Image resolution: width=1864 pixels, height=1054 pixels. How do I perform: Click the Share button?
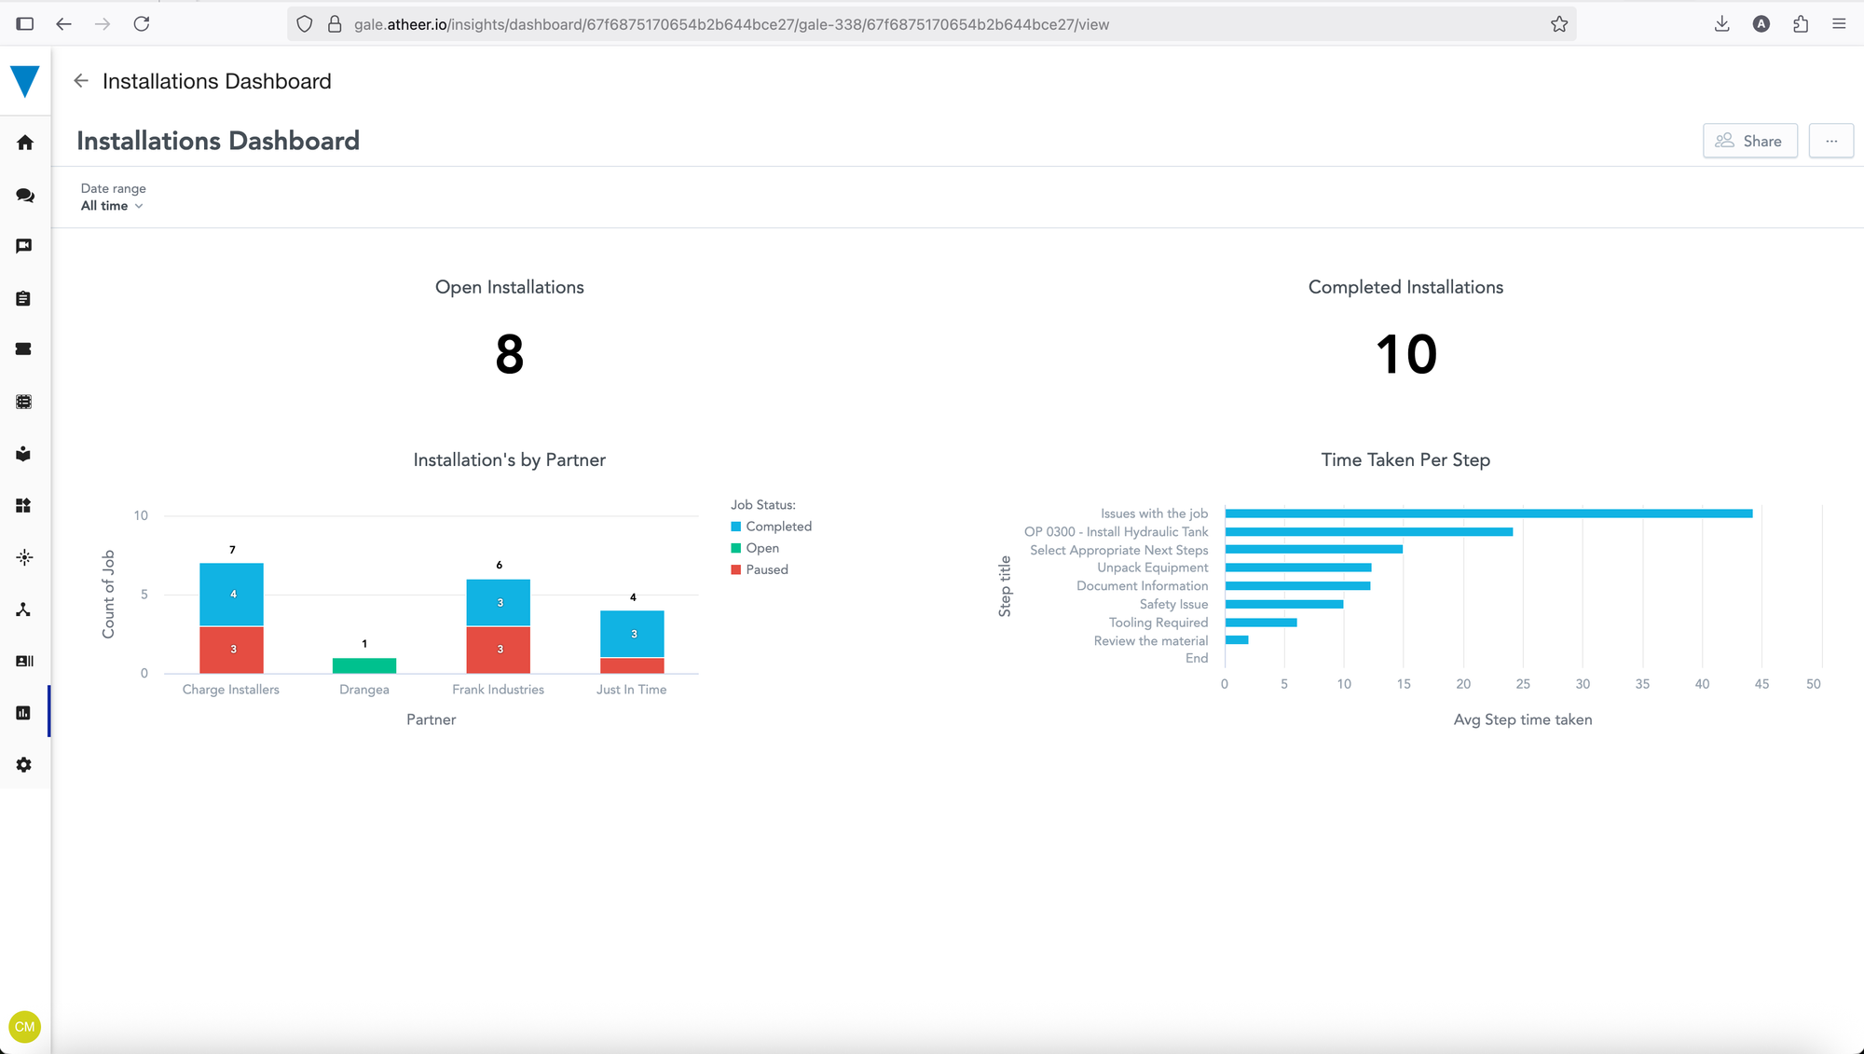pos(1749,141)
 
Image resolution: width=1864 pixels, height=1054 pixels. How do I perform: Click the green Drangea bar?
pos(364,665)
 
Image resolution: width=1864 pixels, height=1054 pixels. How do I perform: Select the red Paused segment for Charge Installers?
pos(231,650)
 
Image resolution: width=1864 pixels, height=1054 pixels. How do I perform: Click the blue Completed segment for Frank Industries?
pos(499,603)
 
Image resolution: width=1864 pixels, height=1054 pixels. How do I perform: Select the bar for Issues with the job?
pos(1488,513)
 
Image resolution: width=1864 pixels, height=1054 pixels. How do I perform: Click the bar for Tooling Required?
pos(1260,623)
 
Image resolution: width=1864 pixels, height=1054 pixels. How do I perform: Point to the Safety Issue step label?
pos(1173,604)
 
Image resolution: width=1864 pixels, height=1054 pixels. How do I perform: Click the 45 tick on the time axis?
pos(1761,684)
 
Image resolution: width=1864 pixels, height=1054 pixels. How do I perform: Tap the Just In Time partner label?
pos(631,690)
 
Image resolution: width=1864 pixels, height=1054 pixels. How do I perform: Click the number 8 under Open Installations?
pos(509,355)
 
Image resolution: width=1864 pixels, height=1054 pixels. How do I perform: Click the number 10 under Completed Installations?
pos(1405,355)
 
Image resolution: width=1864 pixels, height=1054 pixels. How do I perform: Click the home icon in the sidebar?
pos(25,143)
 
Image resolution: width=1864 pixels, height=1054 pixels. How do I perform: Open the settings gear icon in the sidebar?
pos(24,764)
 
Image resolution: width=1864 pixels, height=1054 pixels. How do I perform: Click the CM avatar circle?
pos(25,1026)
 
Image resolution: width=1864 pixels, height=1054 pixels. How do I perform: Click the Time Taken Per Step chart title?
pos(1405,459)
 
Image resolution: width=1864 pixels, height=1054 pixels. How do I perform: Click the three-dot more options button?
pos(1830,141)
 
